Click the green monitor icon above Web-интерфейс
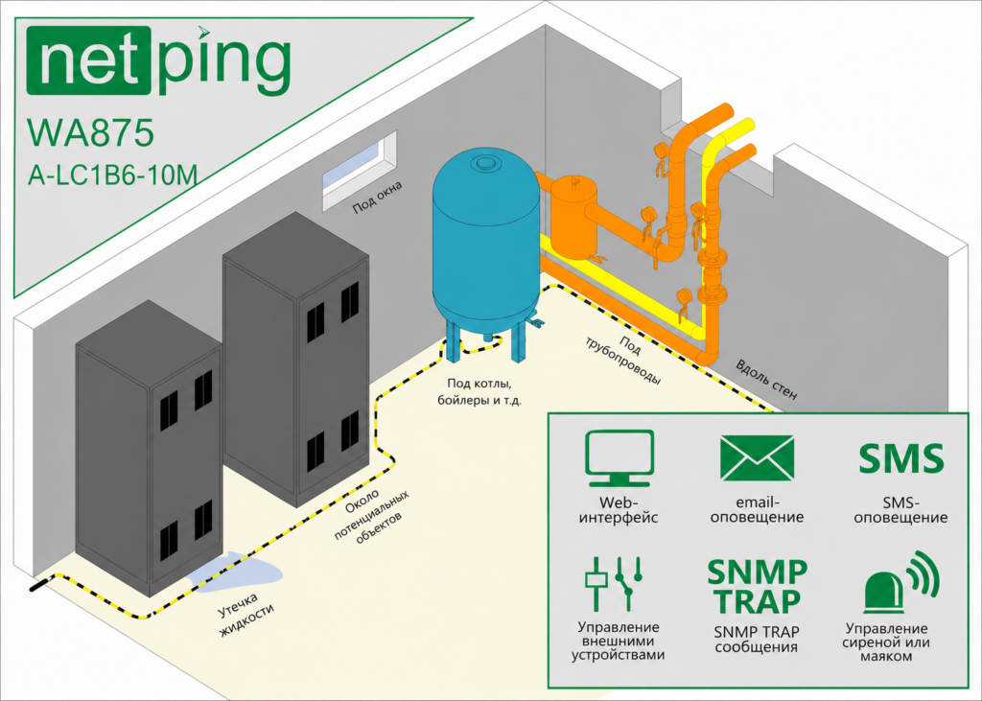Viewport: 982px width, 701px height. click(x=620, y=458)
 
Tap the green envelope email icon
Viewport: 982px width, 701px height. click(x=757, y=458)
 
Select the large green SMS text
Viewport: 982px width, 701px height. click(x=900, y=458)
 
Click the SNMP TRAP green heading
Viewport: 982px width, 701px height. click(x=757, y=586)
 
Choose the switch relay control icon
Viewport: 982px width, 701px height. click(x=614, y=583)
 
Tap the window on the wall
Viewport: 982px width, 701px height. click(x=360, y=171)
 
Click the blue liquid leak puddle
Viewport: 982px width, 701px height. click(x=236, y=571)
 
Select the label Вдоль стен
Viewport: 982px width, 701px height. click(x=766, y=381)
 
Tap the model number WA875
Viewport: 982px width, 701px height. click(x=90, y=132)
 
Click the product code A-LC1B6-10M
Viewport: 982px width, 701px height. click(x=113, y=175)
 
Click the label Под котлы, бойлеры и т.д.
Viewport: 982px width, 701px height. click(x=479, y=391)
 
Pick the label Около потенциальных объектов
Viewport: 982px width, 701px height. click(x=371, y=516)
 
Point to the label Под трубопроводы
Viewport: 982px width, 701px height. click(x=622, y=360)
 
